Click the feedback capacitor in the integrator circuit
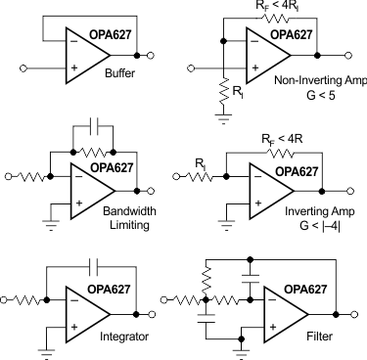94,263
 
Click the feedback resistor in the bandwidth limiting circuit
94,152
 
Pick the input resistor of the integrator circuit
26,292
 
